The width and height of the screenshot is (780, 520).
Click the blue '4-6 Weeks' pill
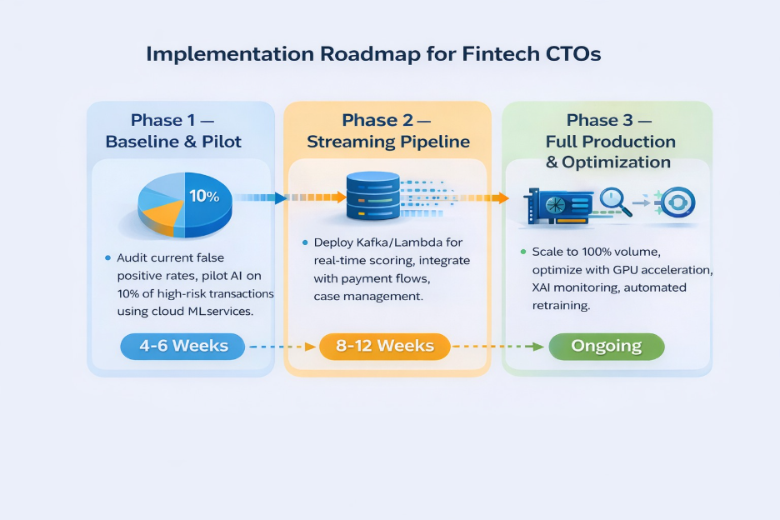[182, 346]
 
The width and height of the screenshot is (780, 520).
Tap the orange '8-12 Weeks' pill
[384, 346]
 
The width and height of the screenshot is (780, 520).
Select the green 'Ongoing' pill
[606, 346]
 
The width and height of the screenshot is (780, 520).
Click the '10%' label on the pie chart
[203, 197]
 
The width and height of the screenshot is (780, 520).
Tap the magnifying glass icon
[614, 201]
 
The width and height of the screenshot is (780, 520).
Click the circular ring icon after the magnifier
[677, 202]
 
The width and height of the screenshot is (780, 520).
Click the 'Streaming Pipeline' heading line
[387, 142]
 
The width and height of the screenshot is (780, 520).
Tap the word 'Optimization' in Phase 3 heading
[617, 162]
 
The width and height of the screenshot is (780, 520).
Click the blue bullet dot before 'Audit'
[108, 257]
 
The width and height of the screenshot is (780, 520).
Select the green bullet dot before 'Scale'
[522, 251]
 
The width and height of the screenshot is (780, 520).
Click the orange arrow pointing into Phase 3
[497, 197]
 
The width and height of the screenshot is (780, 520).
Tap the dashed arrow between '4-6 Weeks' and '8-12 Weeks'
[282, 346]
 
